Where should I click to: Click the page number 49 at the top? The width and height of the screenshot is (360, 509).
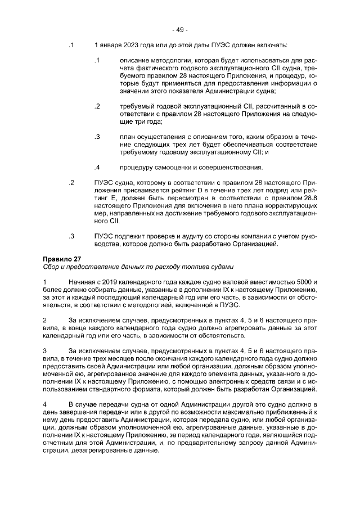pos(180,29)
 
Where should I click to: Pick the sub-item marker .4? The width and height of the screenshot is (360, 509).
pos(97,167)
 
